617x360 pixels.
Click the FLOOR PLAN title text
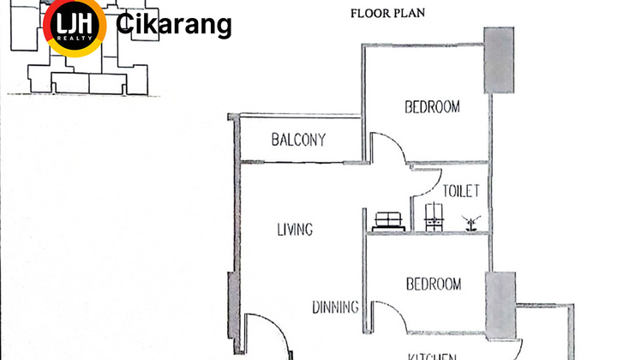click(x=387, y=13)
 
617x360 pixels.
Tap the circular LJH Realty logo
click(x=75, y=25)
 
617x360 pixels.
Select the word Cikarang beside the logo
click(x=173, y=25)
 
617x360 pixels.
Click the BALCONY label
click(x=298, y=140)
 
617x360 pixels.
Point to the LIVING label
click(x=294, y=230)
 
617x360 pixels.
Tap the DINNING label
click(x=336, y=307)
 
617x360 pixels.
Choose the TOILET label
click(x=460, y=191)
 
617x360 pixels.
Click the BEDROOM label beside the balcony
click(x=432, y=107)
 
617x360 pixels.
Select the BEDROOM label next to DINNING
click(x=433, y=284)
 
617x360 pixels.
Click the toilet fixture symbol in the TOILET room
click(x=434, y=215)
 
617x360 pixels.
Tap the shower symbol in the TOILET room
click(x=470, y=222)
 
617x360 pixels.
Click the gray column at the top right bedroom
click(x=500, y=59)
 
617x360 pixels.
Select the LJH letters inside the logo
click(x=75, y=22)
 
